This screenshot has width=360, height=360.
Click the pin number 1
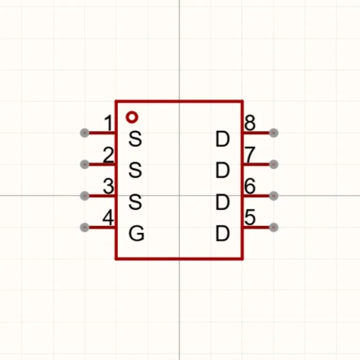(109, 123)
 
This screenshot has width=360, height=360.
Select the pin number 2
(109, 154)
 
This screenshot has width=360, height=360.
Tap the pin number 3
(109, 186)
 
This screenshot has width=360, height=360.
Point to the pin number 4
(108, 217)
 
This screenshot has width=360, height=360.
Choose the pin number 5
(250, 217)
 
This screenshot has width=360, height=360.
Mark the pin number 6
(250, 186)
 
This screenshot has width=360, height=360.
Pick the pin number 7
(250, 154)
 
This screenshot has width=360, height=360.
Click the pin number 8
(250, 123)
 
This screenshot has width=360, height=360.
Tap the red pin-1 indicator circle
(132, 113)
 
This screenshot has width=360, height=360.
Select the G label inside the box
(136, 234)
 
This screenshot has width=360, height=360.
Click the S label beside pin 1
(135, 139)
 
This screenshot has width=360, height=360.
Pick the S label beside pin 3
(135, 202)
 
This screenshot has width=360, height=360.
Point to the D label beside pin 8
(223, 139)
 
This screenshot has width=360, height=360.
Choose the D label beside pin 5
(223, 234)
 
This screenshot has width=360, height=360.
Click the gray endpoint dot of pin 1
(84, 133)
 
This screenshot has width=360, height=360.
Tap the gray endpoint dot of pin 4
(84, 227)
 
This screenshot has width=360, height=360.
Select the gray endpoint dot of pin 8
(274, 133)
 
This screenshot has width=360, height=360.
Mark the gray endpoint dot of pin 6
(274, 196)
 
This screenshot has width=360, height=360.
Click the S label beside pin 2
(135, 170)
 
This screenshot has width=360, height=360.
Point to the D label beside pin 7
(223, 170)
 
